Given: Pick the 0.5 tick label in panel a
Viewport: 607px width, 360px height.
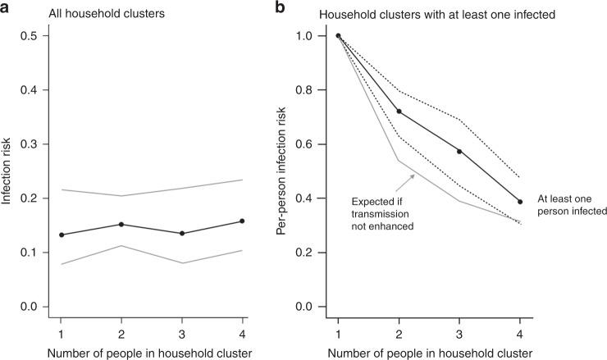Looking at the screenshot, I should (29, 36).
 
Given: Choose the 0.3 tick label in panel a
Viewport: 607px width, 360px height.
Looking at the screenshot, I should (29, 144).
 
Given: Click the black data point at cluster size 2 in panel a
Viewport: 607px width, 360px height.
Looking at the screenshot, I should (121, 224).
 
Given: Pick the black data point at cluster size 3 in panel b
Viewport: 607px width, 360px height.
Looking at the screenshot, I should (459, 151).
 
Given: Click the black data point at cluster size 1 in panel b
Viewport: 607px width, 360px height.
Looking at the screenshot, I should (338, 35).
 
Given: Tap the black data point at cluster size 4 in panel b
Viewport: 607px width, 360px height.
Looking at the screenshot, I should (520, 202).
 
